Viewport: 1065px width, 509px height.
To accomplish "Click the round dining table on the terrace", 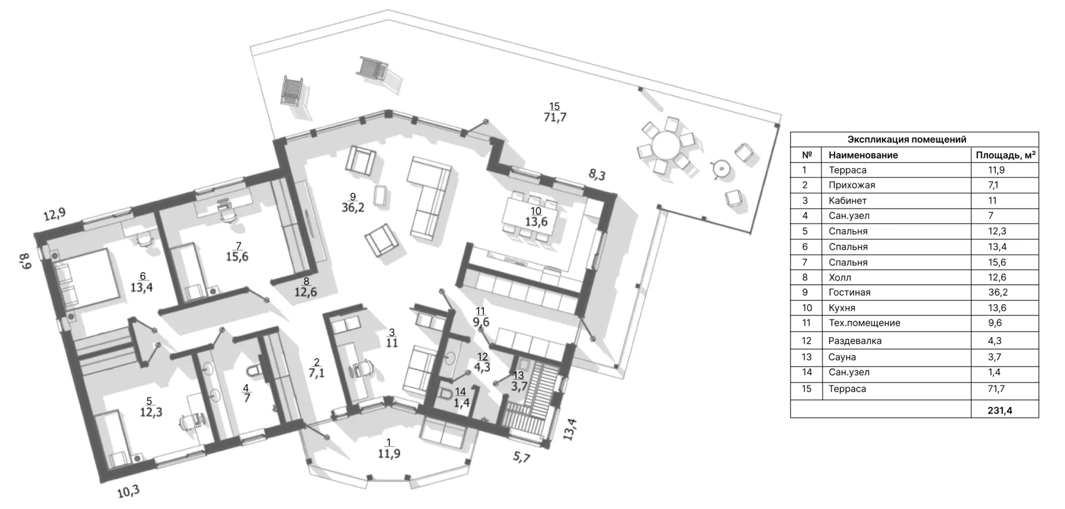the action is coord(668,146).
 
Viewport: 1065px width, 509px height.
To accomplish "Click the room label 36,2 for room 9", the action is coord(353,208).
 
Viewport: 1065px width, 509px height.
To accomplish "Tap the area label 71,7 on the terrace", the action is coord(555,118).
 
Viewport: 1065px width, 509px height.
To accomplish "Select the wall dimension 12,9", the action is coord(54,214).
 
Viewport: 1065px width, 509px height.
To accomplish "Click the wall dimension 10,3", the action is coord(128,491).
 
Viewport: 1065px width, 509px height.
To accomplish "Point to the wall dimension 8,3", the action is coord(597,175).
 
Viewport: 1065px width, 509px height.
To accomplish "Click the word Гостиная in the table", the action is coord(849,292).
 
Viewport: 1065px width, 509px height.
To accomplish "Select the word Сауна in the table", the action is coord(842,357).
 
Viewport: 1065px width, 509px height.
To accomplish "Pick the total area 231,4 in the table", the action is coord(1000,411).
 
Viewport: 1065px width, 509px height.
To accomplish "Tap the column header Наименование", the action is coord(863,155).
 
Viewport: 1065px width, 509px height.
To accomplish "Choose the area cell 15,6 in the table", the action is coord(997,262).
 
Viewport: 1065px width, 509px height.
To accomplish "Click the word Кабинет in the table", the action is coord(848,201).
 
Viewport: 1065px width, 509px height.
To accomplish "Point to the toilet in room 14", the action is coord(445,394).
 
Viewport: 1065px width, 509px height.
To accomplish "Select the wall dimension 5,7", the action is coord(521,457).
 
